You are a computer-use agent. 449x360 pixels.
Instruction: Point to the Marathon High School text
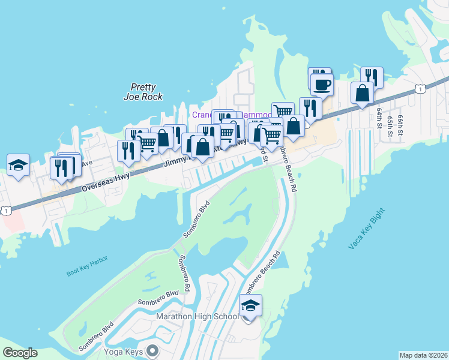tap(197, 316)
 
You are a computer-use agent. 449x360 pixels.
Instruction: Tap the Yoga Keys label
tap(125, 350)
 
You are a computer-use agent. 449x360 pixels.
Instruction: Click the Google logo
tap(20, 352)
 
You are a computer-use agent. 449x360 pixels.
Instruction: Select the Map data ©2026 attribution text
tap(423, 355)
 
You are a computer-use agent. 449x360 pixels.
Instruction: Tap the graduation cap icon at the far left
tap(18, 164)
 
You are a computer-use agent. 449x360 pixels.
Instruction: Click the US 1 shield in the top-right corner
tap(421, 89)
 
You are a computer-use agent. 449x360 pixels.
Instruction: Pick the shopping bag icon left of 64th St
tap(363, 93)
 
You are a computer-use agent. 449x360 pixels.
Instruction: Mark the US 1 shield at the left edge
tap(5, 210)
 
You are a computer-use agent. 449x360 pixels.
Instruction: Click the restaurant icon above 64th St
tap(372, 77)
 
